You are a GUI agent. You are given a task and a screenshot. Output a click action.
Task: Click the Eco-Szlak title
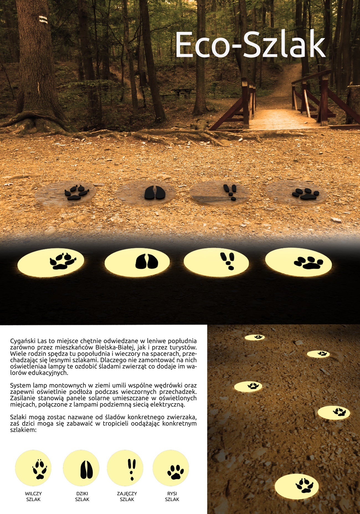point(250,45)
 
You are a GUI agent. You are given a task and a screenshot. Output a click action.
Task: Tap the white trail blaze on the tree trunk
point(43,19)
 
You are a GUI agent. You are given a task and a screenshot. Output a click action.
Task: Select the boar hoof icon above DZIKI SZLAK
point(86,469)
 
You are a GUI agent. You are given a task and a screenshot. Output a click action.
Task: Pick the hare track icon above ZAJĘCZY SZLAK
point(132,469)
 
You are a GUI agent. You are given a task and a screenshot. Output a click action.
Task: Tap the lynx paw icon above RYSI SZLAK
point(176,472)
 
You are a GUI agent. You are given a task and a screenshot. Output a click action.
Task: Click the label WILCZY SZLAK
point(34,497)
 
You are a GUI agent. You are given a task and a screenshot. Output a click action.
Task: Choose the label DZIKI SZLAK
point(82,497)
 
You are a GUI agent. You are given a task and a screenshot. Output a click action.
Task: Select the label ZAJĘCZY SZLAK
point(127,497)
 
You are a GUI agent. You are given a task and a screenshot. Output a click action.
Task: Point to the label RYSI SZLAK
point(172,497)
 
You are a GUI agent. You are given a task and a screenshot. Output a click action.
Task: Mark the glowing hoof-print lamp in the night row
point(137,261)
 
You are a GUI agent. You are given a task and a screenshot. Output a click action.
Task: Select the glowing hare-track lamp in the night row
point(216,261)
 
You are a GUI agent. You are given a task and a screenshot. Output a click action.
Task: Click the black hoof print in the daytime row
point(155,192)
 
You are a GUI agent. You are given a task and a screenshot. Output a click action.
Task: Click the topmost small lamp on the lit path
point(255,337)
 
